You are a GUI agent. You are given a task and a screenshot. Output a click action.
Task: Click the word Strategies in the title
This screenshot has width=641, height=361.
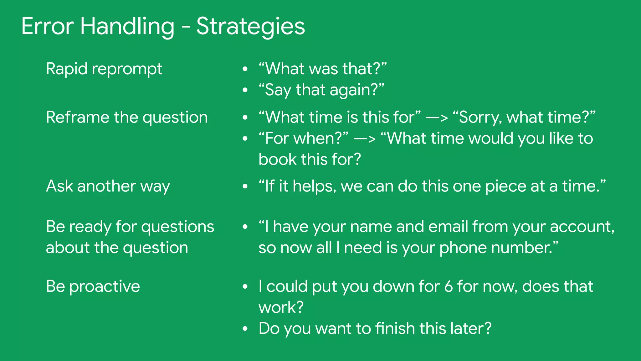250,26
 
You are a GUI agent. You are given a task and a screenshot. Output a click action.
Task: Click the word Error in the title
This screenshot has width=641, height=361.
47,26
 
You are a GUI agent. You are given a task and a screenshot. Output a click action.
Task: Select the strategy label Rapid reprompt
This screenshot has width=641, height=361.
104,69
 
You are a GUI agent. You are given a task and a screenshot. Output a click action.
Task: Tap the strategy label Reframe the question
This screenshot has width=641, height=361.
127,117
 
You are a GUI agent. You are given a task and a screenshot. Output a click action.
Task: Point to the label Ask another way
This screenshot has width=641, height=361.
108,186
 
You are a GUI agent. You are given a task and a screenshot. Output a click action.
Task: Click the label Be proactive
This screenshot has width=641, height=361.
93,286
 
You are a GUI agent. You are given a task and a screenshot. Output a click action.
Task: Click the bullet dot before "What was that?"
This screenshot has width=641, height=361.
245,69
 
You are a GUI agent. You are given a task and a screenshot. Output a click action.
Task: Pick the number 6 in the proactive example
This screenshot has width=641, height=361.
448,286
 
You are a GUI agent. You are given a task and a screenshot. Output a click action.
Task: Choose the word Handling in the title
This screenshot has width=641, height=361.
127,26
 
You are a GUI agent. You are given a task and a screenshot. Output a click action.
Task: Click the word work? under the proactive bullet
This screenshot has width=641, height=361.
281,307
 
